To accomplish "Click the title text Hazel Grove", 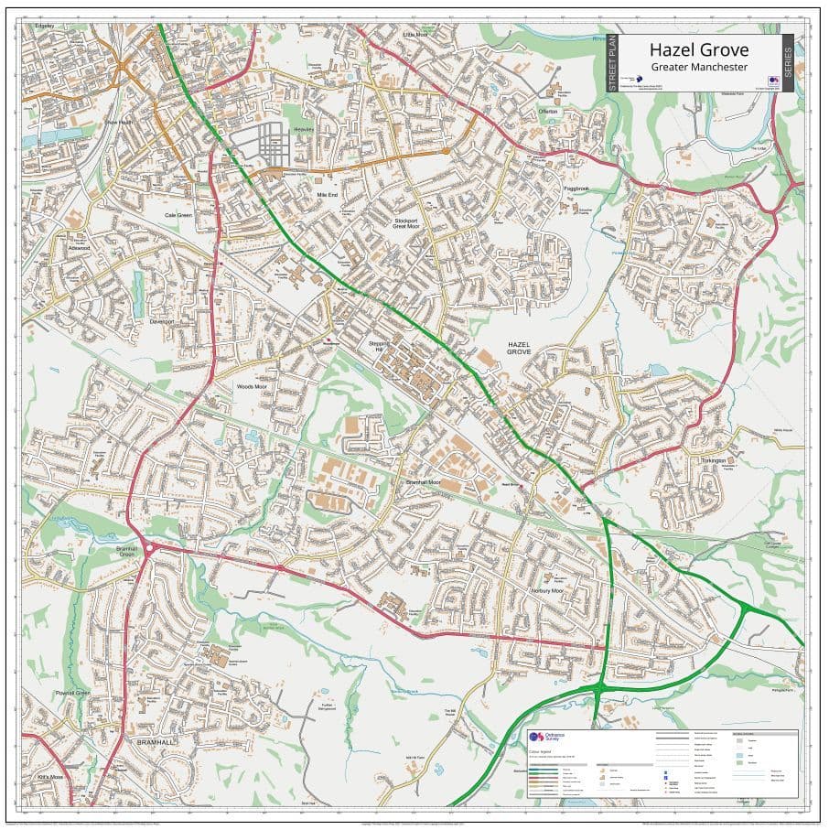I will [x=698, y=49].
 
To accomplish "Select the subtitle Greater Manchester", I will [x=698, y=68].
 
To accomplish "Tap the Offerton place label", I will [x=548, y=111].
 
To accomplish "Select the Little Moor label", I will [x=415, y=35].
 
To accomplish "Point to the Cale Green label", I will [x=178, y=215].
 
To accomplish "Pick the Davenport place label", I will [x=162, y=322].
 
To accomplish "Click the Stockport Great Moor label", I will [x=412, y=225].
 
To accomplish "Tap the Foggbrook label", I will [x=576, y=189].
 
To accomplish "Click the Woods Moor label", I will [x=253, y=387].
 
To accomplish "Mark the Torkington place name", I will [x=714, y=460].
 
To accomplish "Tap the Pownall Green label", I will [x=71, y=693].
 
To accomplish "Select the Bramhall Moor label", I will [x=424, y=481].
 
